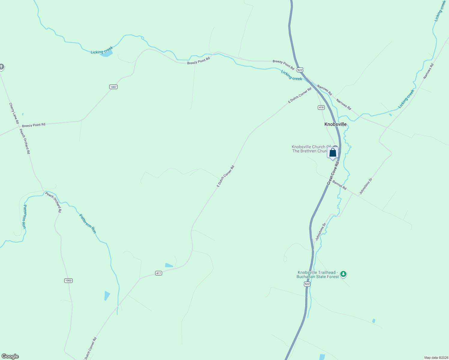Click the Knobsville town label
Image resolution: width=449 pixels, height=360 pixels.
pyautogui.click(x=335, y=124)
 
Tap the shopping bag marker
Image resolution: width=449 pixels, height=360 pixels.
pyautogui.click(x=333, y=153)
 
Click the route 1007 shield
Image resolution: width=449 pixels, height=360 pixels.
pyautogui.click(x=113, y=87)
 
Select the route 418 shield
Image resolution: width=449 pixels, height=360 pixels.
pyautogui.click(x=321, y=107)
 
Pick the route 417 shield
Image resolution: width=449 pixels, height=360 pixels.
pyautogui.click(x=158, y=273)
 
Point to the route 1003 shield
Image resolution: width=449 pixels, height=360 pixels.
pyautogui.click(x=68, y=280)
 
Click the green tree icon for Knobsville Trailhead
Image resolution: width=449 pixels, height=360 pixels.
pyautogui.click(x=343, y=274)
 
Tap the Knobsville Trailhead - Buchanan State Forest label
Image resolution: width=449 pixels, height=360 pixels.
pyautogui.click(x=318, y=274)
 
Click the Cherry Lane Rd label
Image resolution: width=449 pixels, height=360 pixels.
pyautogui.click(x=14, y=113)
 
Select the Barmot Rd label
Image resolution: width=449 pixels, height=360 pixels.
pyautogui.click(x=339, y=185)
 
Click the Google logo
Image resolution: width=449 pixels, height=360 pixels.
pyautogui.click(x=10, y=356)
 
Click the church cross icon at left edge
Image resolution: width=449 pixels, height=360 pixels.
pyautogui.click(x=1, y=67)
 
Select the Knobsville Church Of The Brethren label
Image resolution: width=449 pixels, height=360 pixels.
pyautogui.click(x=309, y=149)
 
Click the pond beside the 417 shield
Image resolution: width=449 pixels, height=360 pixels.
pyautogui.click(x=169, y=265)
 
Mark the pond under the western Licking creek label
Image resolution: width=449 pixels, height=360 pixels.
pyautogui.click(x=107, y=54)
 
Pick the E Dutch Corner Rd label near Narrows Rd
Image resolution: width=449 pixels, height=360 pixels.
pyautogui.click(x=300, y=95)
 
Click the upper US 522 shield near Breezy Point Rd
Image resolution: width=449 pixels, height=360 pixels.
pyautogui.click(x=300, y=70)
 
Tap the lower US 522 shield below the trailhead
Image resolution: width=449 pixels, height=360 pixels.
pyautogui.click(x=307, y=284)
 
